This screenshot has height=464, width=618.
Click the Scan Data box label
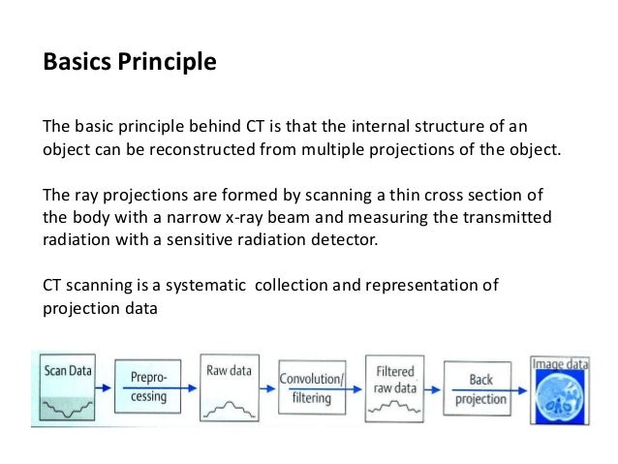(67, 370)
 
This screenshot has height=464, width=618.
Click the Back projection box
(479, 389)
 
